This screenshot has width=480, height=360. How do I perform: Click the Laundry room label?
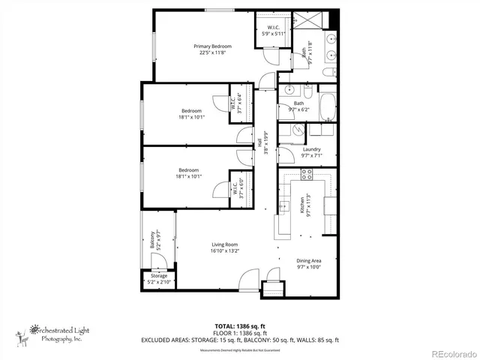click(311, 149)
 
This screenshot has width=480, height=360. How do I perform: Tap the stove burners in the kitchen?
click(306, 175)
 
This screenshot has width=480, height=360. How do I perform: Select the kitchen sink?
click(285, 206)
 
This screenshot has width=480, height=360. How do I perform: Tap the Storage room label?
click(159, 276)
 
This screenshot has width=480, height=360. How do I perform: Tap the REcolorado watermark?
click(451, 353)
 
